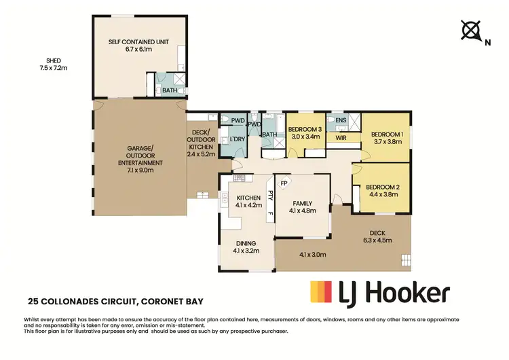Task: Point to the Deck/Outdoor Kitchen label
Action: point(202,144)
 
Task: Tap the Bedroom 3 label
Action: point(303,133)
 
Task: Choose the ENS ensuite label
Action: point(341,121)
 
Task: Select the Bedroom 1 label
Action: point(387,139)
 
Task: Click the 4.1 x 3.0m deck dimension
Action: point(313,255)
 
